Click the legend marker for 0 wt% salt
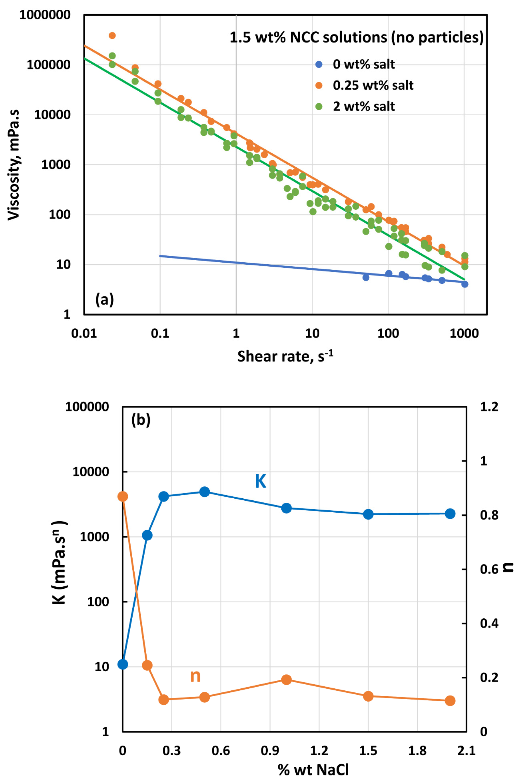[x=319, y=64]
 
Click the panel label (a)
[x=104, y=300]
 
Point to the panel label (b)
[x=141, y=420]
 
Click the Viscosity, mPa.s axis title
[x=14, y=165]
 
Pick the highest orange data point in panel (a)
[x=112, y=36]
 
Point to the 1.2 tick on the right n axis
[x=489, y=407]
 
